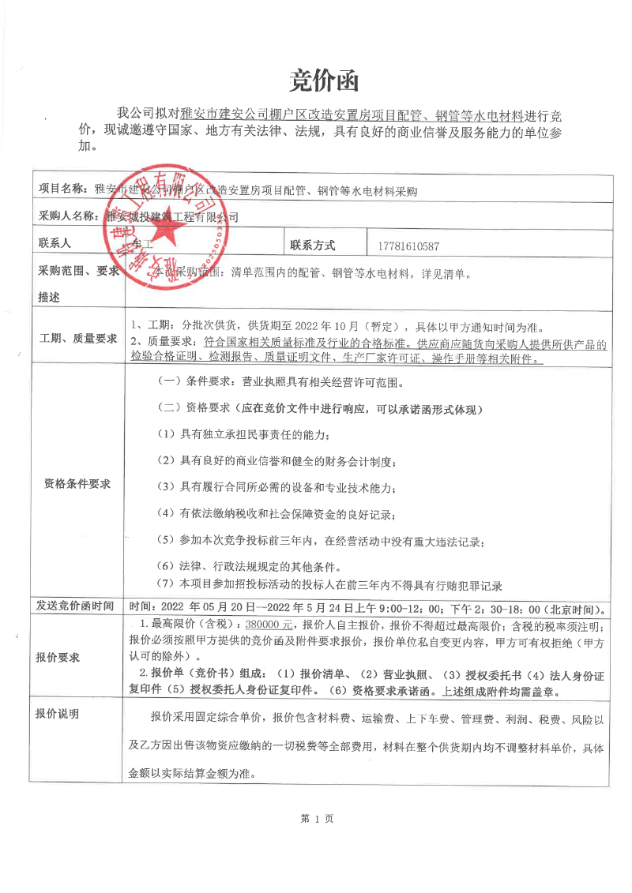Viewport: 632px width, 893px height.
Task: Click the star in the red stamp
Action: [166, 230]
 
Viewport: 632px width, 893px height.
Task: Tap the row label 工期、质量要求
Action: [78, 339]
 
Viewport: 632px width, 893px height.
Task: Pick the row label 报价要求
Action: [58, 657]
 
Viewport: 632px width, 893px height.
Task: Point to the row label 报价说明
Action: [58, 714]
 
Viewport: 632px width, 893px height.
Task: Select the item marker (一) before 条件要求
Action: [171, 381]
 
